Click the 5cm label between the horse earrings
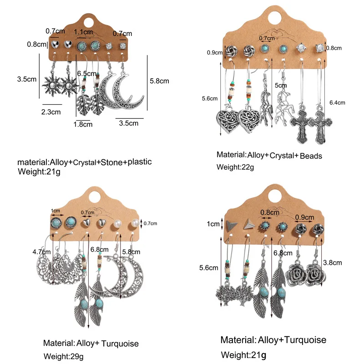pyautogui.click(x=280, y=85)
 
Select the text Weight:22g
pyautogui.click(x=235, y=167)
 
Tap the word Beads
pyautogui.click(x=310, y=156)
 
